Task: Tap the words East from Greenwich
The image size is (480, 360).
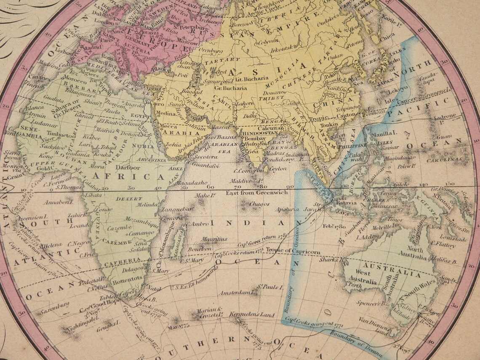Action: tap(257, 192)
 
